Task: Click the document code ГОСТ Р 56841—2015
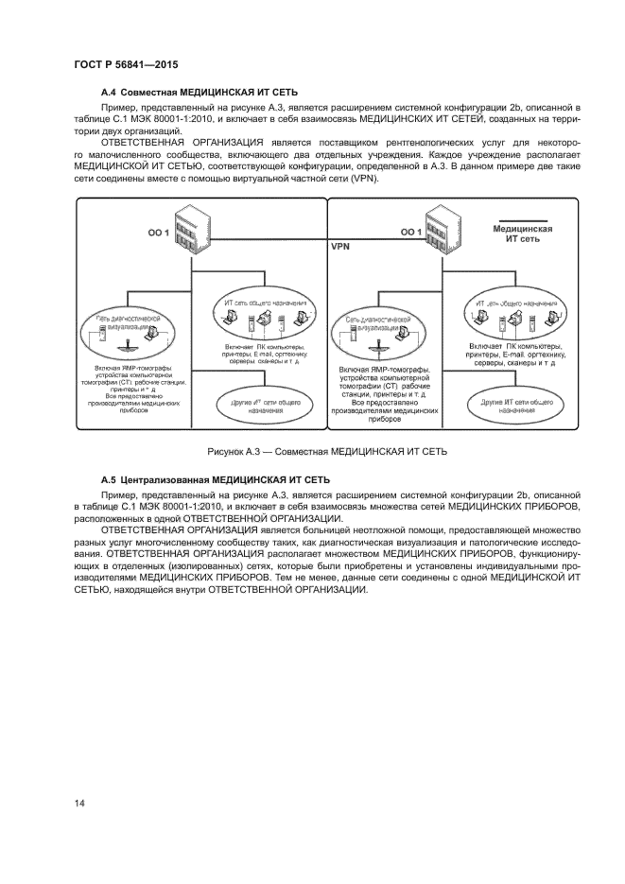126,64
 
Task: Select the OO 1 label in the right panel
411,232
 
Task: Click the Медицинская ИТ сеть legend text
523,234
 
